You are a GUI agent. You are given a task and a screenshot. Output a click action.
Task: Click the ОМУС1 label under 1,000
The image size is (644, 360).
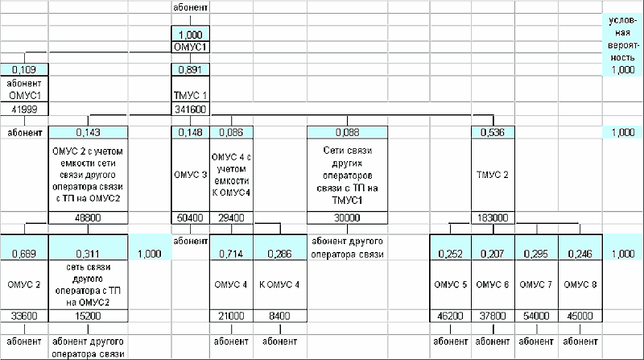pos(191,48)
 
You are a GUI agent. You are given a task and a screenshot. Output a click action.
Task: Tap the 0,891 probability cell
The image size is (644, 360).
pos(191,70)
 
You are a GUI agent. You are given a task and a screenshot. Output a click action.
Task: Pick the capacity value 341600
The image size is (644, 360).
pos(191,109)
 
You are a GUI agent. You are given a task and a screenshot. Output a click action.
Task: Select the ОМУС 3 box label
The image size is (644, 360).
pos(190,173)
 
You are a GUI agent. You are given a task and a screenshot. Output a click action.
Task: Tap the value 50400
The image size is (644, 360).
pos(191,217)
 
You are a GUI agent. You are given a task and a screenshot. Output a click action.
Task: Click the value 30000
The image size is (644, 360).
pos(346,217)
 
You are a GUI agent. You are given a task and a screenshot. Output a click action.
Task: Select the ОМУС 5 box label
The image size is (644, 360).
pos(451,284)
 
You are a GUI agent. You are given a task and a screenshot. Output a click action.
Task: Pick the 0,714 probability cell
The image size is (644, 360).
pos(232,254)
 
